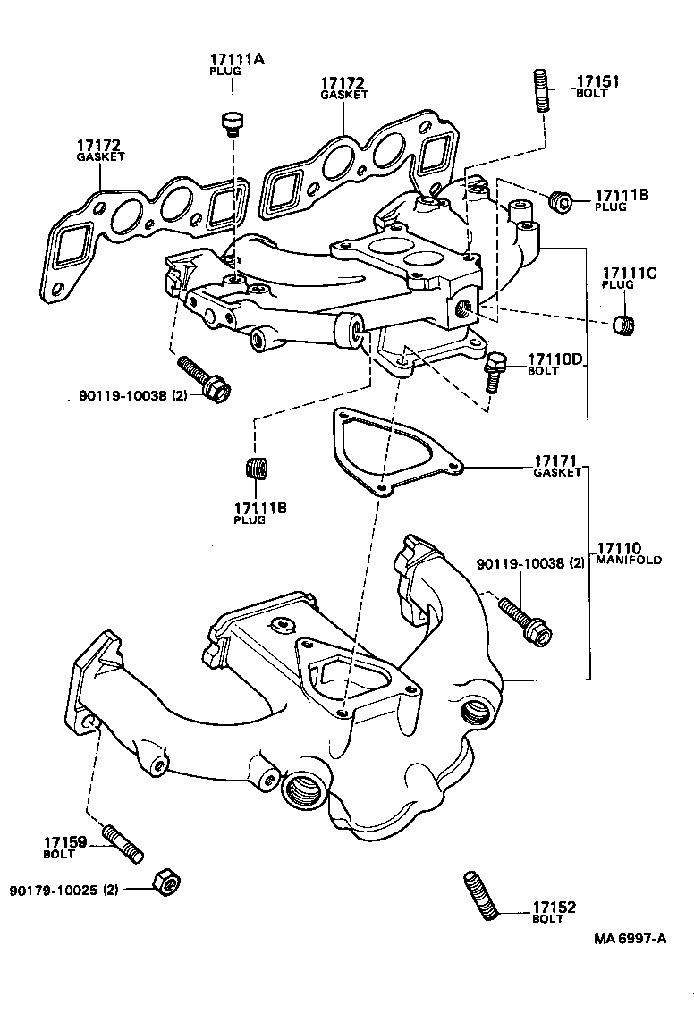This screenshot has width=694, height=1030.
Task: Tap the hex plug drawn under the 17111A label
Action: (231, 123)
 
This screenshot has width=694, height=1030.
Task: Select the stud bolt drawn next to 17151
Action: (542, 90)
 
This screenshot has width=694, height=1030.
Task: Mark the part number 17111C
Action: (629, 273)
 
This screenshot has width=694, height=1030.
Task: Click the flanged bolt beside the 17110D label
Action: (495, 370)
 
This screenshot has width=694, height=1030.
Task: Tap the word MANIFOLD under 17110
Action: (628, 560)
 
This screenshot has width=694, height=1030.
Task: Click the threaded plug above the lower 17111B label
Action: (256, 469)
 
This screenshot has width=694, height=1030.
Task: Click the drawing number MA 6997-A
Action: (630, 938)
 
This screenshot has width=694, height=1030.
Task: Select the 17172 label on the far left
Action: (98, 145)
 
